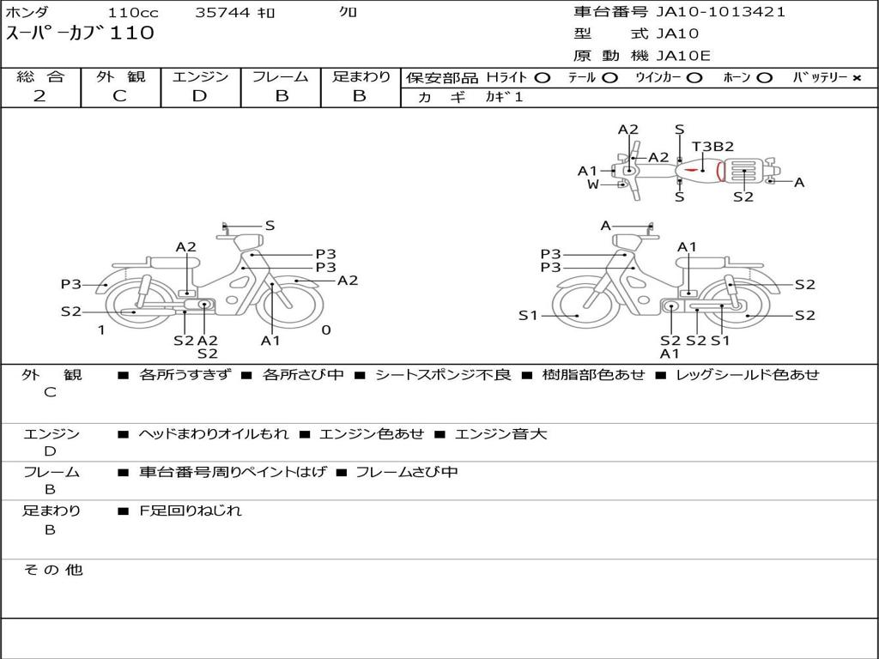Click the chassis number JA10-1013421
tap(720, 12)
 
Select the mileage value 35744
tap(222, 12)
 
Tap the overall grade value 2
tap(39, 96)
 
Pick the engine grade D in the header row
tap(199, 96)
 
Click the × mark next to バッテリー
tap(857, 78)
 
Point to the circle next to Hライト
tap(543, 78)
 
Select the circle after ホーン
tap(765, 78)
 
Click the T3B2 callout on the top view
tap(712, 147)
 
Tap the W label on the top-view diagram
tap(592, 184)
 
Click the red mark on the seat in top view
tap(693, 169)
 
